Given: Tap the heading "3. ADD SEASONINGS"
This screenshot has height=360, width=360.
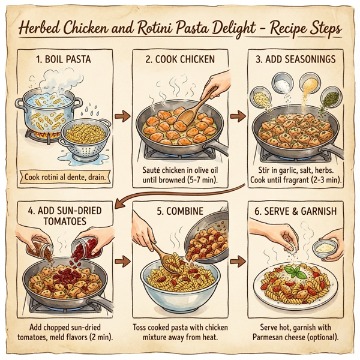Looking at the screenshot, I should pyautogui.click(x=295, y=59).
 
